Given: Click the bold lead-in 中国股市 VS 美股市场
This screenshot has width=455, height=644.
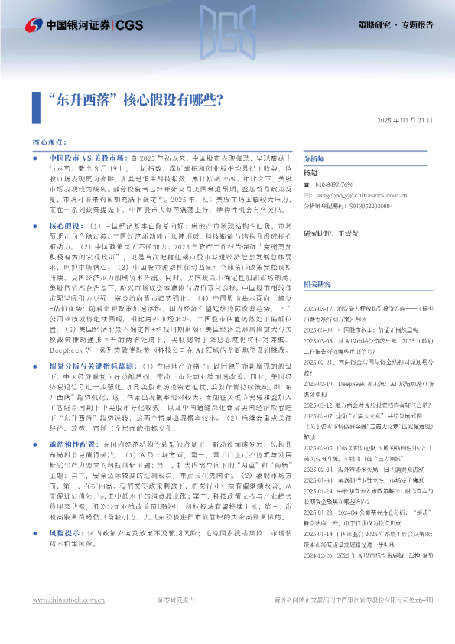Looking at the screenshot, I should pos(83,156).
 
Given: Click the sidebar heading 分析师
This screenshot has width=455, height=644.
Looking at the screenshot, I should pos(314,159).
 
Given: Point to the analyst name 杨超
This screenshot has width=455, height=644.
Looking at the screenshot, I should pos(310,174).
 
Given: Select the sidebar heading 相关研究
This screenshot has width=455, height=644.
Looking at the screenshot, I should pos(317,284).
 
